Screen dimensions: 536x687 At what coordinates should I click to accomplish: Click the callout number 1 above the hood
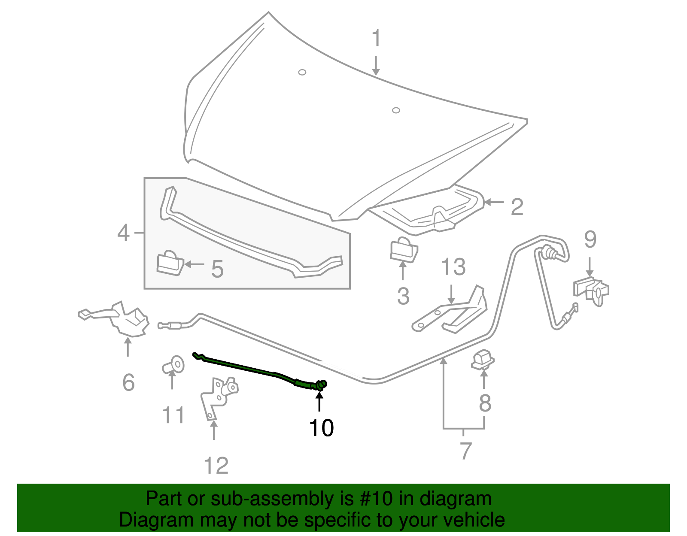[376, 38]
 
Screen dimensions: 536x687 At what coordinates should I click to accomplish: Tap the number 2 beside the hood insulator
[517, 207]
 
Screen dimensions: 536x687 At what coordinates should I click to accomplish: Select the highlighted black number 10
[321, 428]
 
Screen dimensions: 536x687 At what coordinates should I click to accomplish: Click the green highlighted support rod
[258, 369]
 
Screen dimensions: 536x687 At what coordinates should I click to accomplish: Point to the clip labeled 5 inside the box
[170, 263]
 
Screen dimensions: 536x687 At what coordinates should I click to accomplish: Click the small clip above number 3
[403, 250]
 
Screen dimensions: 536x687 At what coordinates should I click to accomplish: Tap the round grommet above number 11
[174, 365]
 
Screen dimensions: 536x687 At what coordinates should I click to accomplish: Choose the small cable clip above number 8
[483, 360]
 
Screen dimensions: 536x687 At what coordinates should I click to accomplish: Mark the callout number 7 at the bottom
[465, 451]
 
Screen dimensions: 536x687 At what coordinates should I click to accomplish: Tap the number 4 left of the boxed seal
[123, 233]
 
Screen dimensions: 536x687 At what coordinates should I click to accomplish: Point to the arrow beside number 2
[494, 202]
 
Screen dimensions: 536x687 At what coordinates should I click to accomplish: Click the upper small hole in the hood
[302, 72]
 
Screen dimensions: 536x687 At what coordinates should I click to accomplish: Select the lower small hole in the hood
[396, 110]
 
